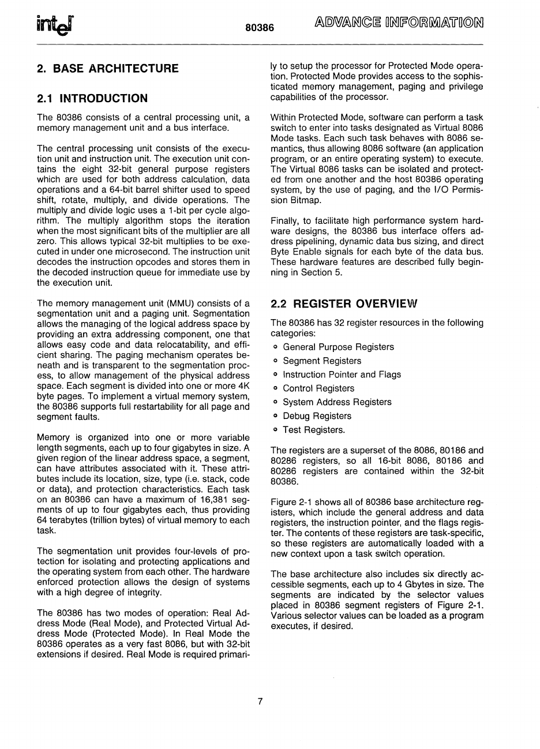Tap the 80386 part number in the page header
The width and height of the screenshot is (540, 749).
(259, 27)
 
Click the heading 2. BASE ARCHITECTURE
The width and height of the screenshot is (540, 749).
(107, 69)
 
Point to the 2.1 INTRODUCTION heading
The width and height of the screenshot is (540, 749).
(92, 98)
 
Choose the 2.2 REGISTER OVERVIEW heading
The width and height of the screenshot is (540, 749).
(343, 304)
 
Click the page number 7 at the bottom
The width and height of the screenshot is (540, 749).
(260, 701)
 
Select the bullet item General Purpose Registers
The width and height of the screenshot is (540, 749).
(338, 347)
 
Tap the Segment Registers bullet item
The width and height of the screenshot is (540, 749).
(322, 361)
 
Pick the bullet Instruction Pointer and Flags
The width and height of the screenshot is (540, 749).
(342, 374)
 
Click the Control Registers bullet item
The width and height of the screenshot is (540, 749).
(318, 388)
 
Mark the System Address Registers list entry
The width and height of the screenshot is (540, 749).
(337, 402)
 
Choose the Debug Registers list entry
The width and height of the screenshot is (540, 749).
(317, 416)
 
